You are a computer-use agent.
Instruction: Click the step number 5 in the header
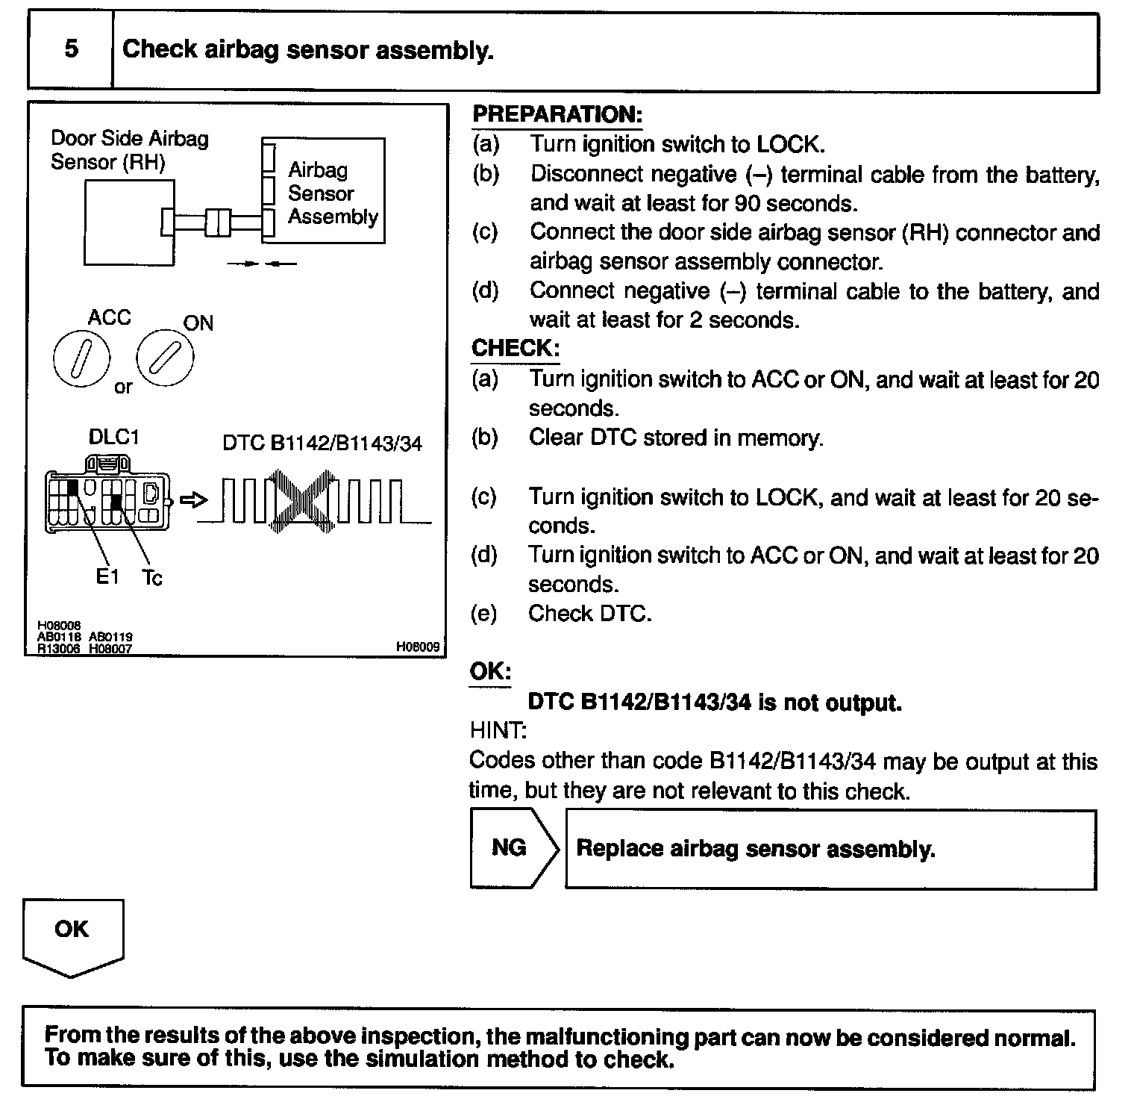(x=71, y=49)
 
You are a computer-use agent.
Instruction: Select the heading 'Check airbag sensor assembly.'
(x=307, y=50)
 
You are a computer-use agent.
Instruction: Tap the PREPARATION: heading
(x=557, y=114)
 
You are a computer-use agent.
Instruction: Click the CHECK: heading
(x=515, y=348)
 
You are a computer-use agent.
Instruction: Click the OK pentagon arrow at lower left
(x=72, y=933)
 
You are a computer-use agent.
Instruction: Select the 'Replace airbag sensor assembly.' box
(x=830, y=849)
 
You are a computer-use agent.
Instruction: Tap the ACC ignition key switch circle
(x=81, y=358)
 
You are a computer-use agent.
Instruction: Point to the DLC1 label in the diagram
(x=113, y=438)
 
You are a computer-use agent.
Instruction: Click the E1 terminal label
(x=107, y=576)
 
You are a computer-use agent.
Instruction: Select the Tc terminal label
(x=151, y=577)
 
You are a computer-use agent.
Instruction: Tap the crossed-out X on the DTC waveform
(x=303, y=498)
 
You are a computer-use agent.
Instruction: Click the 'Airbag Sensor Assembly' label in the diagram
(x=332, y=193)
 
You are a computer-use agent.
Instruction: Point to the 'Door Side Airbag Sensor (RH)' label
(x=129, y=150)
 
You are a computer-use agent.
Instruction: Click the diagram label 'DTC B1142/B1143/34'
(x=322, y=443)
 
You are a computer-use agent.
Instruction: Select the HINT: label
(x=498, y=729)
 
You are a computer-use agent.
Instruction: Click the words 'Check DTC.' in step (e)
(x=589, y=614)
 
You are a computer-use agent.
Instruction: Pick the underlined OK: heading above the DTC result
(x=489, y=671)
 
